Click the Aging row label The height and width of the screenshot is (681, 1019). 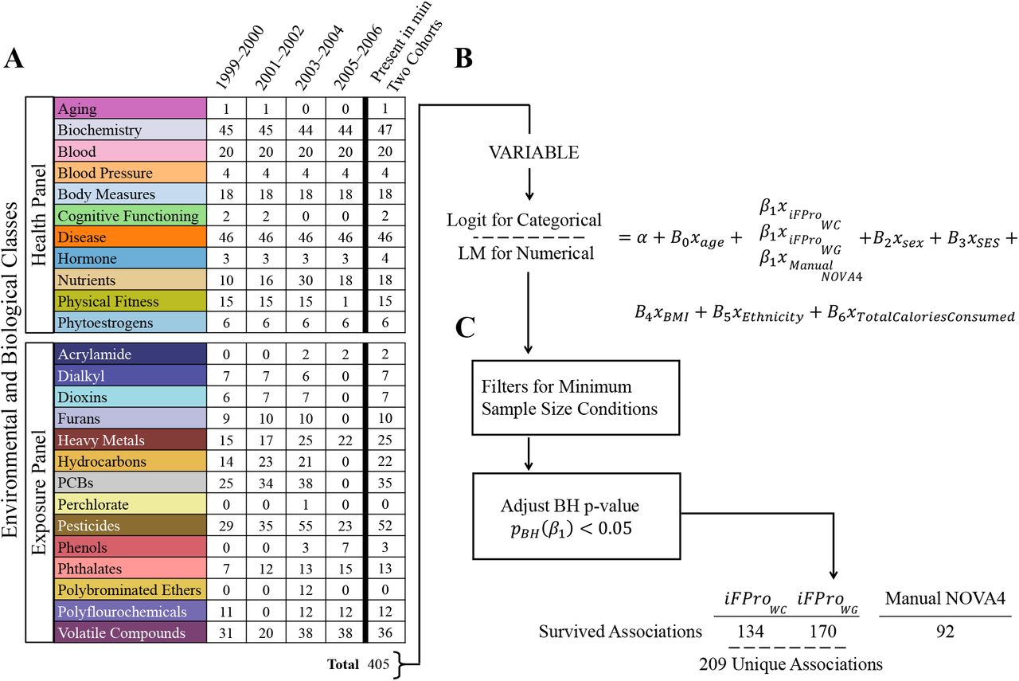[77, 109]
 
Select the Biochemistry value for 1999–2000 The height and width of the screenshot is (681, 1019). [226, 130]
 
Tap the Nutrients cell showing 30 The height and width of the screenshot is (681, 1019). [306, 280]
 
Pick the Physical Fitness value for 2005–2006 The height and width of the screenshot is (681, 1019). [346, 301]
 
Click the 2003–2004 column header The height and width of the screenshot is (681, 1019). [319, 57]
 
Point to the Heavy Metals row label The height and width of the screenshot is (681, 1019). [101, 440]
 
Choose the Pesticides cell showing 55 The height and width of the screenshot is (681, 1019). [306, 526]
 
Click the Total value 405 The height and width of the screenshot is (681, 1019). [378, 664]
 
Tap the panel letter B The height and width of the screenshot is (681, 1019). [463, 59]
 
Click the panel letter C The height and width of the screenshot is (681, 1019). [465, 327]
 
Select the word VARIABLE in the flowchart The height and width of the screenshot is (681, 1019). [533, 152]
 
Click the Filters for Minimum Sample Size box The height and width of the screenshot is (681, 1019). [576, 398]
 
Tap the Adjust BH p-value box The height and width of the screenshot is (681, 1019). [577, 516]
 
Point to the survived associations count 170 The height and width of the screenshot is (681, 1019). [823, 632]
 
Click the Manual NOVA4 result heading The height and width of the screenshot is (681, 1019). [945, 598]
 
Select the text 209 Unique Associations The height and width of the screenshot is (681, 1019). [791, 664]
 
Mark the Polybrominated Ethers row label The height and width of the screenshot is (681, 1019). [129, 590]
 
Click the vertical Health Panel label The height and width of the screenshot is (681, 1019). [39, 215]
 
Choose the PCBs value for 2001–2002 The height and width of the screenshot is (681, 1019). [266, 483]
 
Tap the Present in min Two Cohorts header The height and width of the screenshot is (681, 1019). [406, 47]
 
